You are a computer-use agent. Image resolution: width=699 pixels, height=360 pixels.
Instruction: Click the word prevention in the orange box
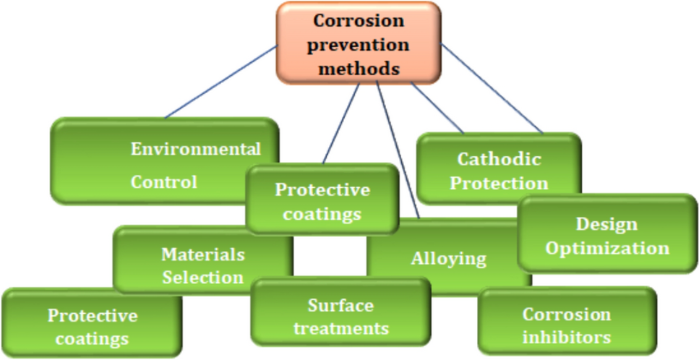click(x=359, y=45)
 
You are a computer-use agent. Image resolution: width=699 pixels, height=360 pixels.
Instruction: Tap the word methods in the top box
click(x=359, y=69)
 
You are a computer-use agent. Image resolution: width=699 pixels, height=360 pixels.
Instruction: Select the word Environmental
click(x=195, y=150)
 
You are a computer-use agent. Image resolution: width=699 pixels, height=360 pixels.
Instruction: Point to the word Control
click(x=163, y=181)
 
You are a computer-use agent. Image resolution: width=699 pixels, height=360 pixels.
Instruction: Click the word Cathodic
click(x=499, y=159)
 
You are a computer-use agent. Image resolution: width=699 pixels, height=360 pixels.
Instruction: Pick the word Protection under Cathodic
click(x=499, y=184)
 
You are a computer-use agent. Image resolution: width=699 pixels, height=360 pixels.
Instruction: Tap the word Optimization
click(x=606, y=249)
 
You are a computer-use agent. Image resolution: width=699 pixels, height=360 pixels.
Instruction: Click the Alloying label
click(x=448, y=258)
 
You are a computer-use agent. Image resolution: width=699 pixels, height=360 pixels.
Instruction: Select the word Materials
click(x=202, y=254)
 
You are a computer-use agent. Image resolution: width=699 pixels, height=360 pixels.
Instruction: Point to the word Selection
click(x=202, y=278)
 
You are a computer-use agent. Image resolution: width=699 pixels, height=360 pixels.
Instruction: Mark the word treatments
click(x=341, y=328)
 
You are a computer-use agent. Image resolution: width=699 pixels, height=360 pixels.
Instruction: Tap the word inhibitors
click(x=567, y=337)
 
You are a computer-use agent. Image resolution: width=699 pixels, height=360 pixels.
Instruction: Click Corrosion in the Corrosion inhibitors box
click(x=567, y=314)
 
